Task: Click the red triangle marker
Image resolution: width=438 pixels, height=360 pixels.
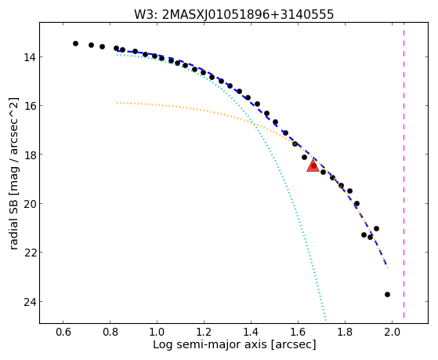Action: (313, 165)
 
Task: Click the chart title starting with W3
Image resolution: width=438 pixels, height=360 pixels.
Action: (233, 14)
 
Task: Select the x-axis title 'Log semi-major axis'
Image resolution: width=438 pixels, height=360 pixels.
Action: (234, 344)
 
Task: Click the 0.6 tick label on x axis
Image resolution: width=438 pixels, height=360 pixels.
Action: (63, 332)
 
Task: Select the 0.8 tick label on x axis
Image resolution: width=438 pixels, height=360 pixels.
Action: (110, 332)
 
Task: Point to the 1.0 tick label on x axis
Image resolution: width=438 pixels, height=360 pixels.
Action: (157, 332)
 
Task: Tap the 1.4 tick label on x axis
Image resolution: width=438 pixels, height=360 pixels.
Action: (251, 332)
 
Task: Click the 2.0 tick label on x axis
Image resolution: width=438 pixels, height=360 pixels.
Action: (393, 332)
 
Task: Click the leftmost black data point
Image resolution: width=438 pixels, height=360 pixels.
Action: (75, 43)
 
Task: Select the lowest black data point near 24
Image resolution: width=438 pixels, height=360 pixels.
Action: (387, 294)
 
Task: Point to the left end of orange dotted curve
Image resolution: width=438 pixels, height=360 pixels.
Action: (118, 103)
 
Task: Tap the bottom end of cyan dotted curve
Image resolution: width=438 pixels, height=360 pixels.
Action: (325, 320)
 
